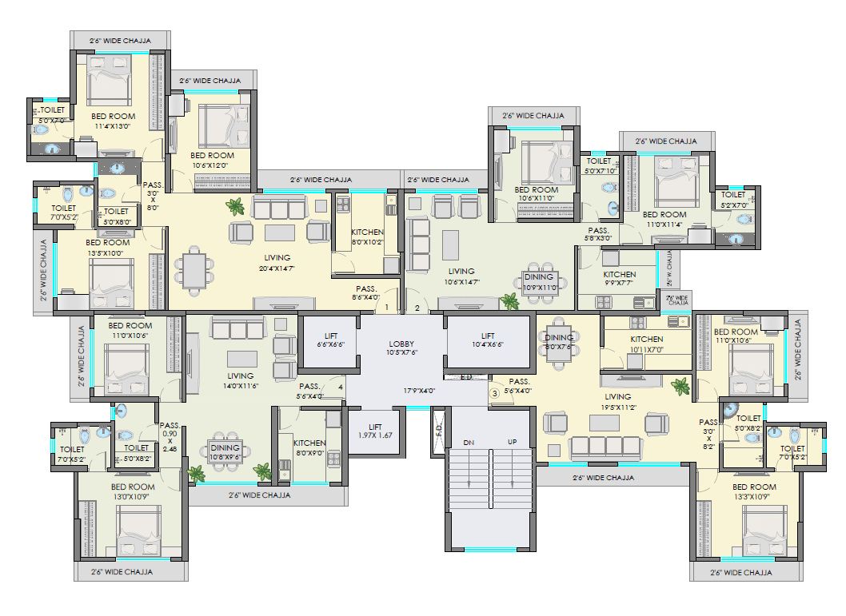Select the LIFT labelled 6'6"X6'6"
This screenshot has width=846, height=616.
(x=331, y=340)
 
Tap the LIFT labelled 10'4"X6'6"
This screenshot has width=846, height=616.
(x=488, y=340)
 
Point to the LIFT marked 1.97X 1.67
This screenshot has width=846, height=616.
(x=375, y=431)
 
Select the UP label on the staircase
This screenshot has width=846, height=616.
(x=512, y=442)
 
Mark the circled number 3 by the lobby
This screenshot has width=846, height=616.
(x=494, y=392)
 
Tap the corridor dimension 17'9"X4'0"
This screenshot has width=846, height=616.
(x=418, y=391)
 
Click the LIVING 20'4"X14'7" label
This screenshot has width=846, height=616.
(x=277, y=263)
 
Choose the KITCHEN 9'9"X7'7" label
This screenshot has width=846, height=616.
(x=619, y=279)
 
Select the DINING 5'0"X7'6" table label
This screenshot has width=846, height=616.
(x=559, y=342)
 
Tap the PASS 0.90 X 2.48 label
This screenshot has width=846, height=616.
(x=170, y=438)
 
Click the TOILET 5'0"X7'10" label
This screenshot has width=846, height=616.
(x=599, y=165)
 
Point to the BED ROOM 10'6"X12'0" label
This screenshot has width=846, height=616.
(x=212, y=160)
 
